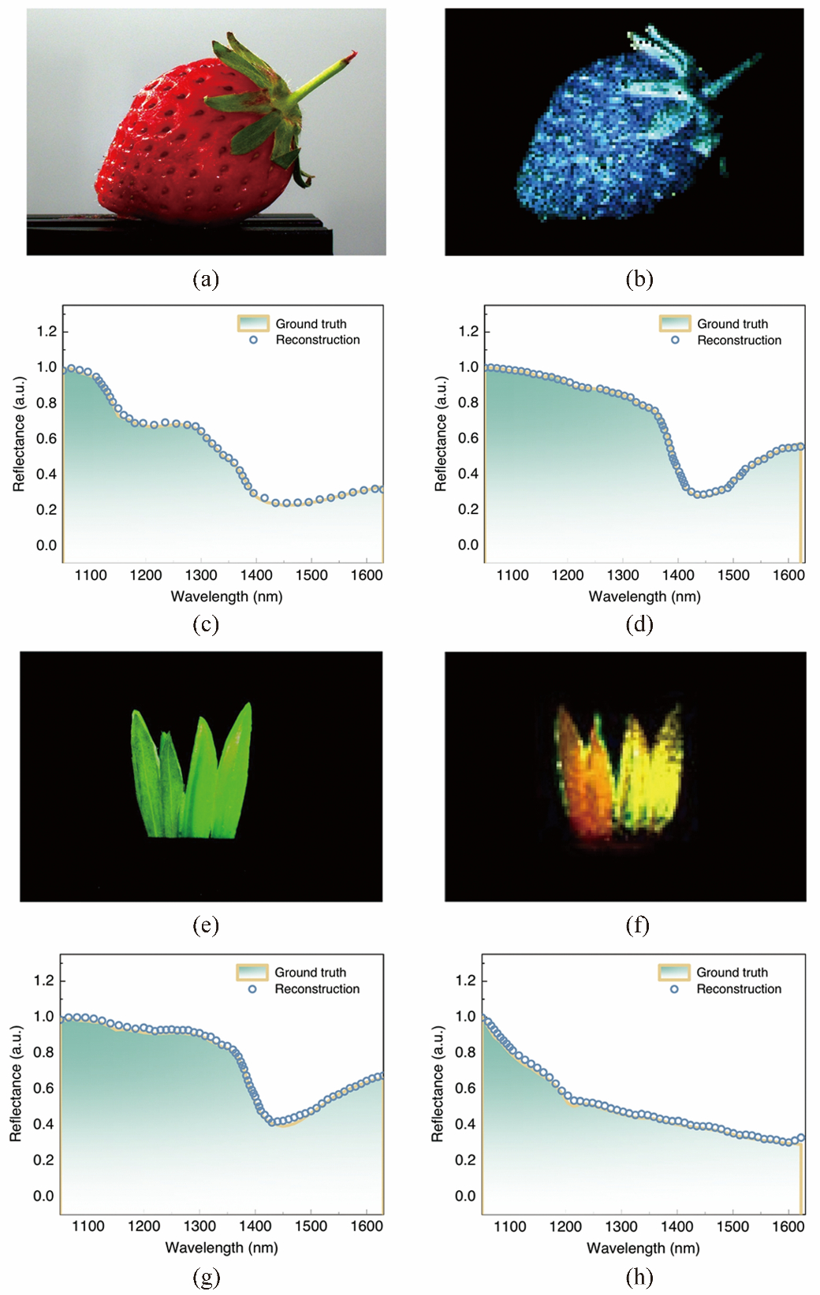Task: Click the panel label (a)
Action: coord(206,279)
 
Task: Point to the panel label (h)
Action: coord(639,1276)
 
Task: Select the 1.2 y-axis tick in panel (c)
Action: coord(47,331)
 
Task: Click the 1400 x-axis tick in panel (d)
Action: coord(678,575)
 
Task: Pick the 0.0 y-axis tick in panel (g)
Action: coord(43,1196)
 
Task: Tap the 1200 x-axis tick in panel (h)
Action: coord(565,1226)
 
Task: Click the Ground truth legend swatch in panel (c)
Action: coord(253,323)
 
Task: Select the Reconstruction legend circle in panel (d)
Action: coord(675,340)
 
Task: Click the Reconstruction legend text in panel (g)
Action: coord(317,989)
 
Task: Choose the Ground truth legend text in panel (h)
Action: coord(732,973)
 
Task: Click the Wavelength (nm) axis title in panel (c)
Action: coord(226,597)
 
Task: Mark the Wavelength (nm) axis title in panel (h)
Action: coord(643,1248)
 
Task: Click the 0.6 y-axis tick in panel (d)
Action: coord(468,438)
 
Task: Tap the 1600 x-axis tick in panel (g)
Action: coord(367,1226)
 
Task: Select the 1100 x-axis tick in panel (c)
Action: coord(91,575)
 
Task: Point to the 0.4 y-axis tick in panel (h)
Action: coord(465,1124)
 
